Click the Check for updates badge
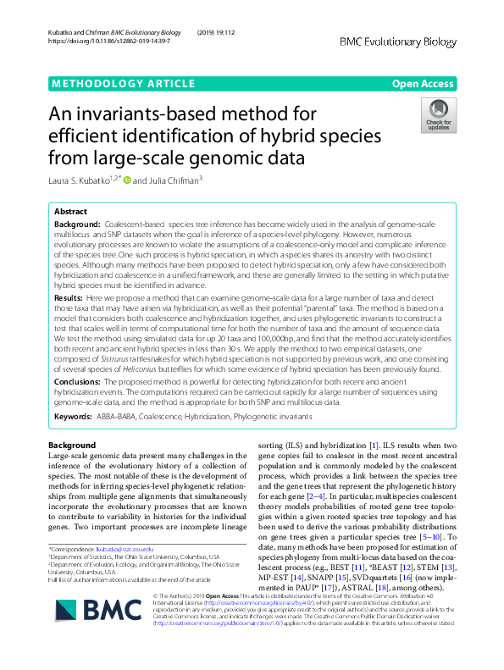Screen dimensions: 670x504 tap(439, 116)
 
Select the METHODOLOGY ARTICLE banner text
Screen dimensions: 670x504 tap(110, 83)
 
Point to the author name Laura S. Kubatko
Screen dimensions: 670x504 tap(83, 179)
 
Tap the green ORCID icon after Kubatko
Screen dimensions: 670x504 tap(128, 179)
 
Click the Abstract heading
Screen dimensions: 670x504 tap(69, 212)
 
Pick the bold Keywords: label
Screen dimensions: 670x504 tap(74, 416)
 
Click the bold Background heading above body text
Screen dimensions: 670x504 tap(72, 445)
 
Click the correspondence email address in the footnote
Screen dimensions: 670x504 tap(120, 550)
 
